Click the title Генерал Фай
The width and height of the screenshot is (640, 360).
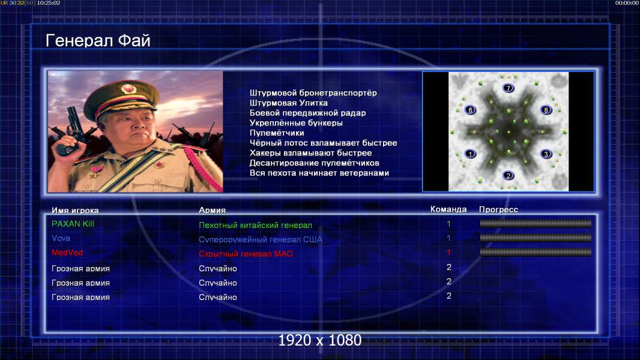tap(98, 41)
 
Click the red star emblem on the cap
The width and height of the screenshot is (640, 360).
tap(128, 89)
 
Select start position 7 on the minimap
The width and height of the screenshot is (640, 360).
tap(508, 88)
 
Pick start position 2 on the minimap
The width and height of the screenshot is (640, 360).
tap(508, 176)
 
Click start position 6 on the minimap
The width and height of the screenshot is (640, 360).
tap(470, 110)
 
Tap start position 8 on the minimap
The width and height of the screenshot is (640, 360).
tap(546, 110)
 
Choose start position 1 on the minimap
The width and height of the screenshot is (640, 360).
tap(470, 154)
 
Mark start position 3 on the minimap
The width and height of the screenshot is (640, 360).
tap(546, 154)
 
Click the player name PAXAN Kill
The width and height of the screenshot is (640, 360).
tap(73, 224)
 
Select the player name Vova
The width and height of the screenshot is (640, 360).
tap(61, 238)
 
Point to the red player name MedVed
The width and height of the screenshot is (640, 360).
tap(67, 253)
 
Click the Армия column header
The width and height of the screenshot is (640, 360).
tap(213, 210)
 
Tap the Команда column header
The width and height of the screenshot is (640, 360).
tap(448, 209)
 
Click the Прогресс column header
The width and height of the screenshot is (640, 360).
tap(498, 209)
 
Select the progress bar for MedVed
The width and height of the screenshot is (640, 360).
tap(536, 253)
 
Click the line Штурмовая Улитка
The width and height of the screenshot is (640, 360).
tap(289, 103)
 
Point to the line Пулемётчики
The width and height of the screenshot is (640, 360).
tap(277, 133)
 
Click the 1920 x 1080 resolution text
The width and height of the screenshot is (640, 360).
tap(319, 340)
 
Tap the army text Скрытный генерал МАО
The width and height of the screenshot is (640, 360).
tap(246, 254)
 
